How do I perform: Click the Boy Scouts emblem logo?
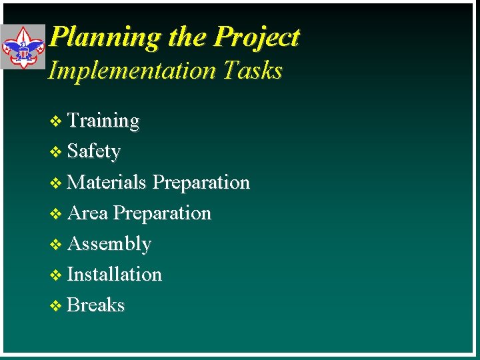click(x=23, y=47)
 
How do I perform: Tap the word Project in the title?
click(x=256, y=37)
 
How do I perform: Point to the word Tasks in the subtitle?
click(x=253, y=70)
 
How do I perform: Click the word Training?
click(x=103, y=121)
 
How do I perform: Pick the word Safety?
click(x=94, y=151)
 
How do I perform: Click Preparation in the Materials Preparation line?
click(x=201, y=183)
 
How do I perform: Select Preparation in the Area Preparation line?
click(x=162, y=213)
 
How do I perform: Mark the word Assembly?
click(x=109, y=244)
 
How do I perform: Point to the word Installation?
click(x=115, y=274)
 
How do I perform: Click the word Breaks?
click(x=96, y=305)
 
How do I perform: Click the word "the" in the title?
click(x=187, y=37)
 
